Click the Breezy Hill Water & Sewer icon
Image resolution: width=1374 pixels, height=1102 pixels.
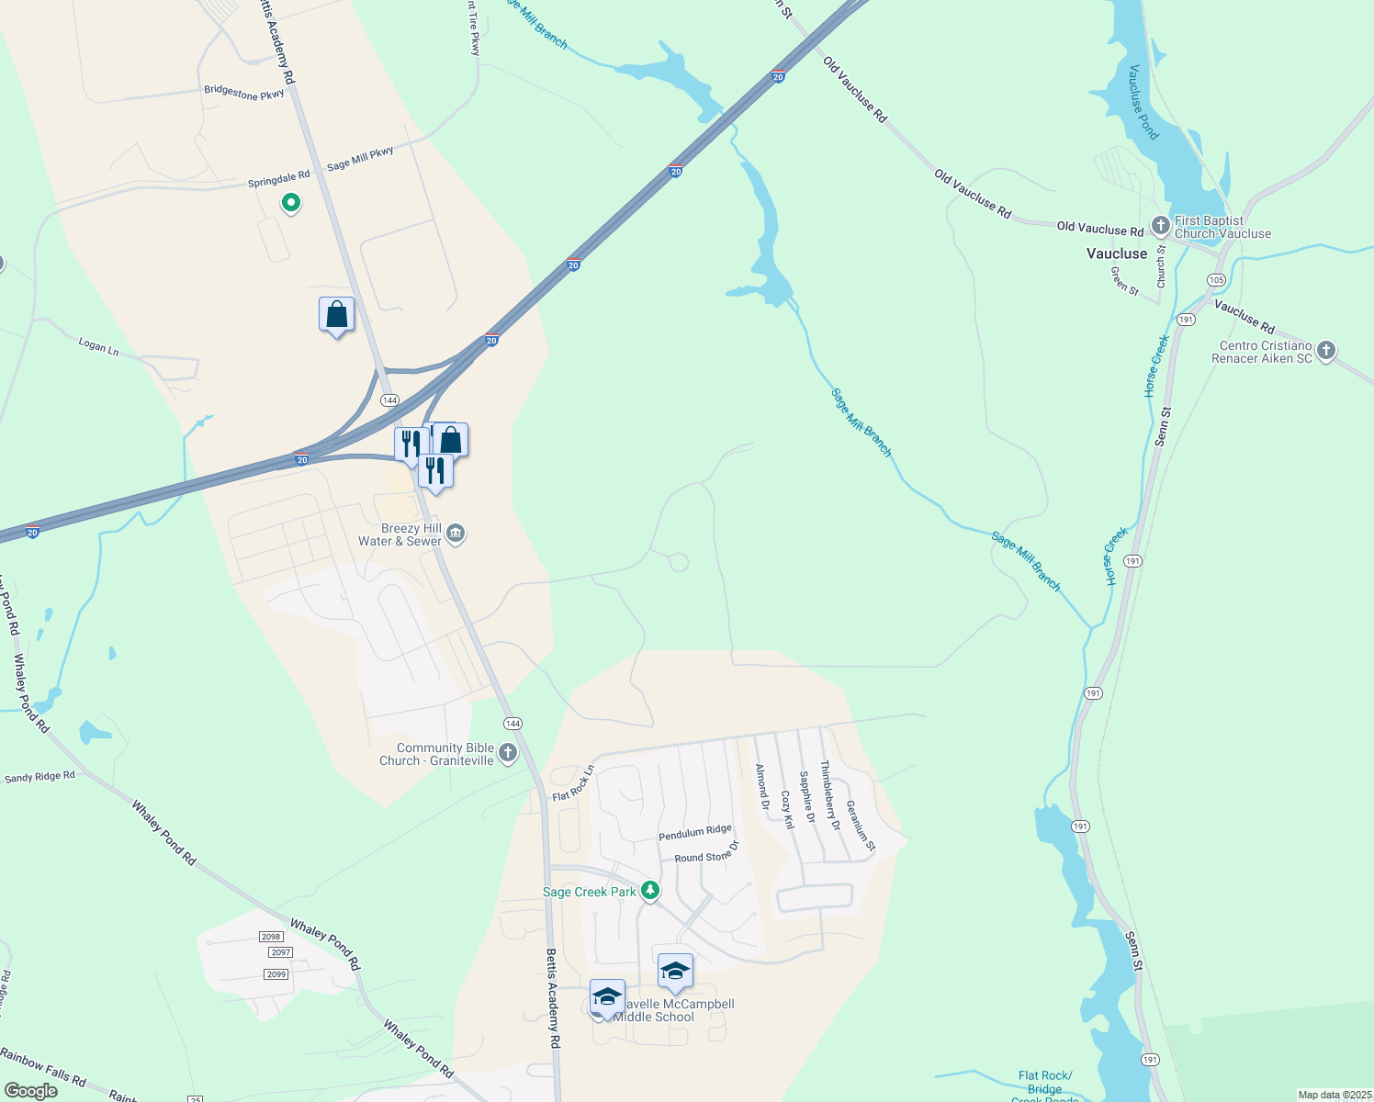pos(456,534)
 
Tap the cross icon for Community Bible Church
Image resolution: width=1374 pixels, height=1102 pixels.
pos(508,754)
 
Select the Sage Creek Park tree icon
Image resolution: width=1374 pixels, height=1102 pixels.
pos(650,891)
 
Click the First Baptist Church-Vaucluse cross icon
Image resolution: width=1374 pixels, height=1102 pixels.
pos(1161,225)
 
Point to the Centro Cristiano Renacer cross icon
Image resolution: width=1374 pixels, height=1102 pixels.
pos(1326,351)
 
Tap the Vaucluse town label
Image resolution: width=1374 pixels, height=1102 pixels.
pos(1117,253)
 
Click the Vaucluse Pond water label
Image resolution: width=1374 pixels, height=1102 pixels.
pos(1143,102)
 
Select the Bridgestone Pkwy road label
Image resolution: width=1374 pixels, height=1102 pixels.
pos(244,93)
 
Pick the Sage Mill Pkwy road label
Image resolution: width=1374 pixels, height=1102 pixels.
pos(360,159)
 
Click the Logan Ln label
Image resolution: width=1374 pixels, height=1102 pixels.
pos(98,346)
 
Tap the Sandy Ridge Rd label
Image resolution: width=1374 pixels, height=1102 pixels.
pos(39,777)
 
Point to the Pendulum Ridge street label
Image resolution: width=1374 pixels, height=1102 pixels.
pos(695,833)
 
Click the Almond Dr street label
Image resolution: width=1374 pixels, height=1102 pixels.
pos(761,787)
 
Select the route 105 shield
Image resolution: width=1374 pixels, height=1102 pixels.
pos(1217,280)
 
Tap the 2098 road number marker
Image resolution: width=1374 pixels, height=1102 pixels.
pos(271,937)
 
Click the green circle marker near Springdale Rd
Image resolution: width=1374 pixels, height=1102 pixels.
pos(291,202)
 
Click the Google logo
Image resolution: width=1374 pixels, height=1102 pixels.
pos(31,1091)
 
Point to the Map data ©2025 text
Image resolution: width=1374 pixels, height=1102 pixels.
pos(1334,1095)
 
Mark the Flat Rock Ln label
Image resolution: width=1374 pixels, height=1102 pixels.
pos(574,783)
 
